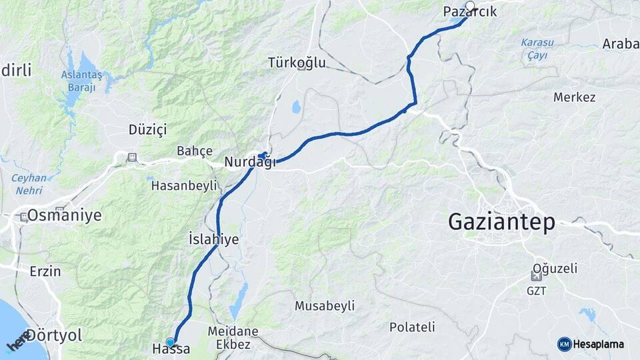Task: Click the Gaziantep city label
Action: (501, 222)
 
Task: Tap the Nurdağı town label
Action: (249, 162)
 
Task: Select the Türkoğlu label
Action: (297, 63)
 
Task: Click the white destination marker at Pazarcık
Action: (470, 7)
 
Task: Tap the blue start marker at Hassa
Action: (171, 342)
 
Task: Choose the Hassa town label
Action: (171, 349)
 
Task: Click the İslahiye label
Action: (213, 239)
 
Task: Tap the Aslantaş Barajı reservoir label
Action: (82, 81)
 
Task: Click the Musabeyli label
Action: (325, 305)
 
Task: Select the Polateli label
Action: (412, 327)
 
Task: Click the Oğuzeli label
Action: (554, 268)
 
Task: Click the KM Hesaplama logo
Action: (591, 344)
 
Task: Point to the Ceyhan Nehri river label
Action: (29, 183)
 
